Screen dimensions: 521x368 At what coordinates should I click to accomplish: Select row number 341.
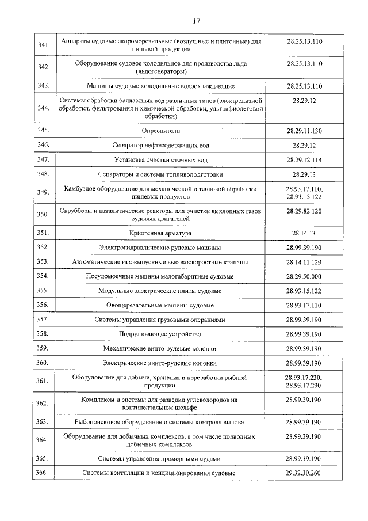[43, 45]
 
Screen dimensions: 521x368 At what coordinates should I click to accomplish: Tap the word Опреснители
[160, 131]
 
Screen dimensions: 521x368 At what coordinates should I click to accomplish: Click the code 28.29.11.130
[304, 131]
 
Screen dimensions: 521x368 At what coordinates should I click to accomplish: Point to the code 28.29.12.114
[304, 159]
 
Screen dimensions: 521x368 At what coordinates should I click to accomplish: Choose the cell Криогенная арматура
[160, 233]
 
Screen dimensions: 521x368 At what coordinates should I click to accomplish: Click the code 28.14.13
[304, 233]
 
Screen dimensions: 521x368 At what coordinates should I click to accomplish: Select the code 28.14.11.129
[304, 262]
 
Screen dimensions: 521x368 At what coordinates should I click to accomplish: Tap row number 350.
[43, 215]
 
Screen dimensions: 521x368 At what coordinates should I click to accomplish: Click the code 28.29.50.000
[304, 276]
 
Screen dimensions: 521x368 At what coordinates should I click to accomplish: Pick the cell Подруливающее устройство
[160, 334]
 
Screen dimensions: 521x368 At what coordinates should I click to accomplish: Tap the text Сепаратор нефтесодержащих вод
[160, 145]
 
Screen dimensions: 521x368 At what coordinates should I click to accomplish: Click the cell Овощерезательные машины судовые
[160, 305]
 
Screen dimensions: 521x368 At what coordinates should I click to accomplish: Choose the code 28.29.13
[304, 174]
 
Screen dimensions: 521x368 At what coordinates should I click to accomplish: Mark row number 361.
[43, 381]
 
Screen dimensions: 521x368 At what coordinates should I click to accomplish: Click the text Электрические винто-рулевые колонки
[160, 363]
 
